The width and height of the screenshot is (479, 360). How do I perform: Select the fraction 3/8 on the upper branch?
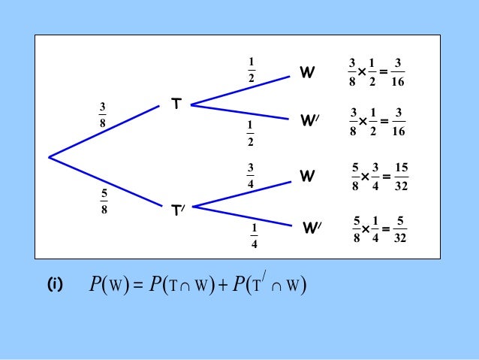tap(102, 116)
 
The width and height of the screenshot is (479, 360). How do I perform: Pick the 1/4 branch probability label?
tap(254, 234)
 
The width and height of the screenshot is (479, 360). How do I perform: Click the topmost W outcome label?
tap(307, 73)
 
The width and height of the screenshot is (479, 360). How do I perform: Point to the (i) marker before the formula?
tap(55, 286)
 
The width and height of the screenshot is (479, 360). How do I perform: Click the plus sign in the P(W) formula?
tap(218, 286)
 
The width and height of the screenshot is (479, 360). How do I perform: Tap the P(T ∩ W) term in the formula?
tap(176, 286)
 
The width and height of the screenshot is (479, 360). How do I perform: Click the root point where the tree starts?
tap(49, 157)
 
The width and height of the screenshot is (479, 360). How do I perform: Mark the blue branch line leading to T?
tap(105, 132)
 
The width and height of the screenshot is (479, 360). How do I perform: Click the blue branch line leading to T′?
tap(105, 181)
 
